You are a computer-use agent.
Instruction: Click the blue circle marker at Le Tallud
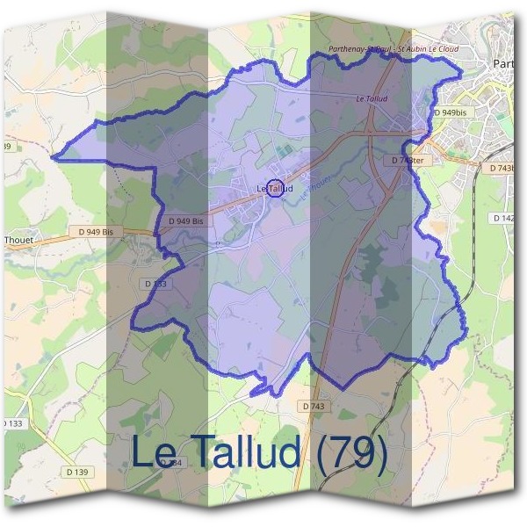click(x=274, y=188)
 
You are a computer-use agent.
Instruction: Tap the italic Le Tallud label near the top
click(x=372, y=99)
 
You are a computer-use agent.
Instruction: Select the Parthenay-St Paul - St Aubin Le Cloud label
click(x=392, y=49)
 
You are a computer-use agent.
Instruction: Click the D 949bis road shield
click(x=451, y=113)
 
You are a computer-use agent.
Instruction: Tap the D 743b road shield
click(x=503, y=168)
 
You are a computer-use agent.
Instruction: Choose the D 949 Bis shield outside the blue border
click(x=96, y=232)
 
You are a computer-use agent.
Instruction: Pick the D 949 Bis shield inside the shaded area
click(x=186, y=220)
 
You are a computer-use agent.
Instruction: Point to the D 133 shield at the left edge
click(x=11, y=423)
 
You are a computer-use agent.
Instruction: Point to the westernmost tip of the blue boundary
click(x=52, y=158)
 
